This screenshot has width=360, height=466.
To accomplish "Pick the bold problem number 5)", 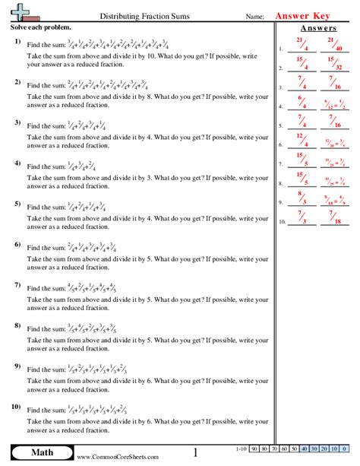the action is point(17,204).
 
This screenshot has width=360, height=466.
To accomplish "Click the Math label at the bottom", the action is point(38,454).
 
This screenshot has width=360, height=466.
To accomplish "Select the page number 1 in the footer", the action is point(195,454).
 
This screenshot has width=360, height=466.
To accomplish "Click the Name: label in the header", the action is point(256,16).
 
